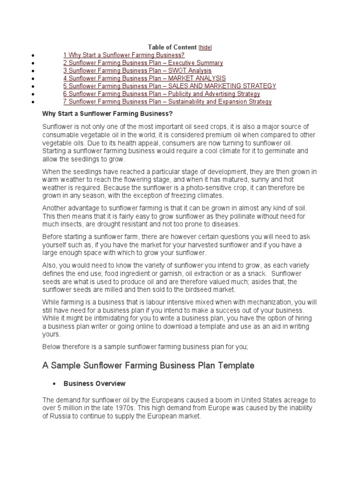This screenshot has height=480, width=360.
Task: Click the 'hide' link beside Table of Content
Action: pos(205,47)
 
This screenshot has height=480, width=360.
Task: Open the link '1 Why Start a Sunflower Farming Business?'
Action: pos(120,55)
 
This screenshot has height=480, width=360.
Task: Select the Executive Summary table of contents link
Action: pos(143,63)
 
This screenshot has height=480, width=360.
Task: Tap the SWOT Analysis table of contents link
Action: pos(137,71)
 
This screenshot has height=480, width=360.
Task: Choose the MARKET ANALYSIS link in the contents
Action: pos(144,78)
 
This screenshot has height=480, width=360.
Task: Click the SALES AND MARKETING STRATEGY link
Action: pos(170,86)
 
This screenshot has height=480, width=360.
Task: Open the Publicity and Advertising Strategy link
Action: pos(162,94)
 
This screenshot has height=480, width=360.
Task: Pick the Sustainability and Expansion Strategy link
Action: pos(167,102)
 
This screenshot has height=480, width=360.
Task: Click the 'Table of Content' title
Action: pos(172,47)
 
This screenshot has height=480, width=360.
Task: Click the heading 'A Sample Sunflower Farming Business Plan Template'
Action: pos(148,366)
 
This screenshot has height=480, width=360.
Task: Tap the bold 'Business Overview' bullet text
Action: pos(95,383)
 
